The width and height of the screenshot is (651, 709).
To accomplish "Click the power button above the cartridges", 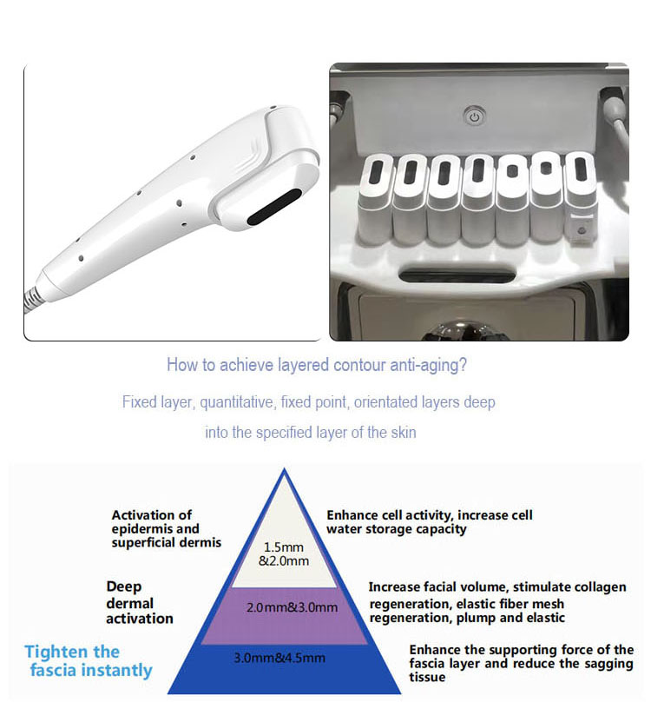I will [473, 116].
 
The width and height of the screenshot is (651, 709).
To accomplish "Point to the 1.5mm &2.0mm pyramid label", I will [283, 553].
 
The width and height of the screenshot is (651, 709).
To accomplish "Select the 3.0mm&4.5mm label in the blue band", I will [284, 658].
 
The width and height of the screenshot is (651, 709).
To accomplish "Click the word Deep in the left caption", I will [124, 586].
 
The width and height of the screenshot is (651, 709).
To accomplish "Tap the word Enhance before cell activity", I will [352, 515].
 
